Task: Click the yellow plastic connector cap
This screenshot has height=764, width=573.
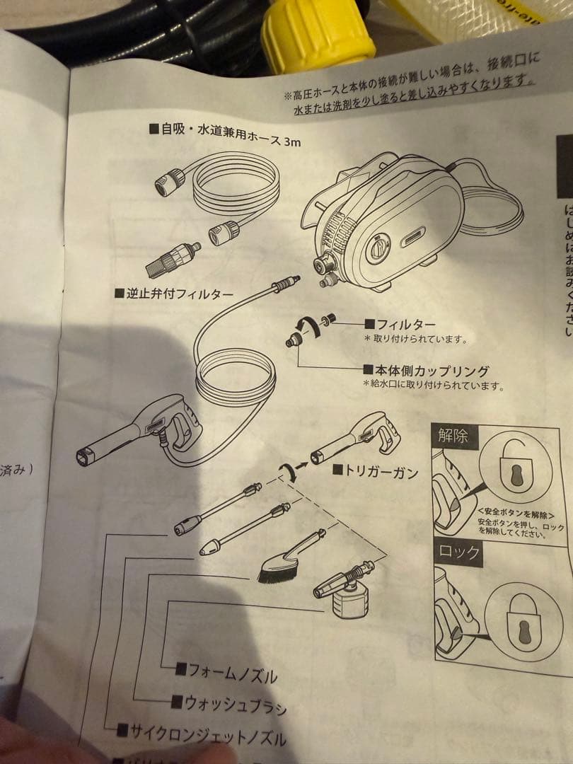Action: click(318, 33)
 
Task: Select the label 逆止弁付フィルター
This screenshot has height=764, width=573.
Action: click(174, 293)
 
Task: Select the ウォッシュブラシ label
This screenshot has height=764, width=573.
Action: click(228, 704)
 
